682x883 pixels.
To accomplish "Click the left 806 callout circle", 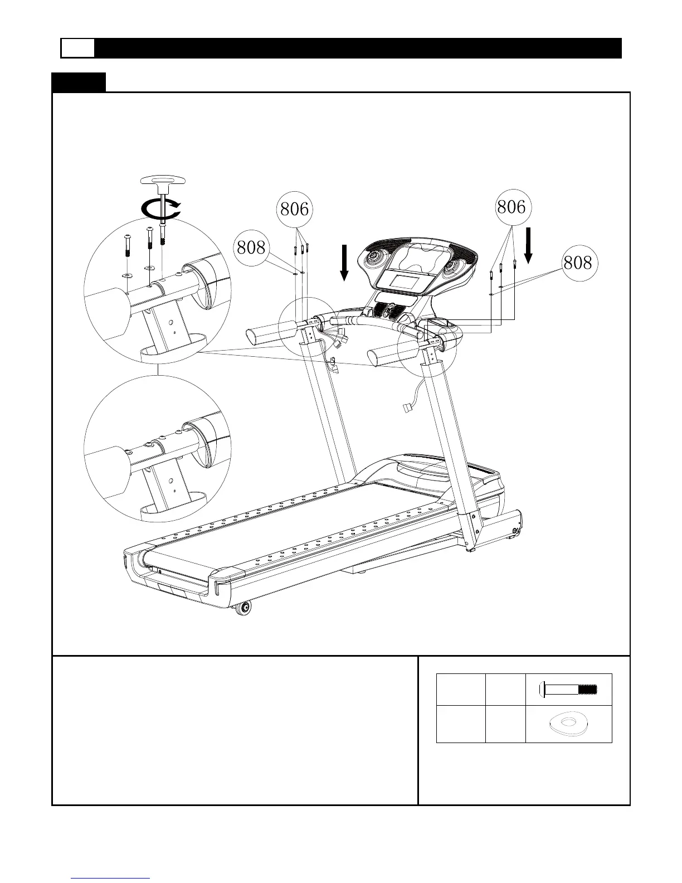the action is (x=294, y=210).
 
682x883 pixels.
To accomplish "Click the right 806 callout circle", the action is (x=511, y=207).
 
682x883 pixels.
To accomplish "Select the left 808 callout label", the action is (x=251, y=247).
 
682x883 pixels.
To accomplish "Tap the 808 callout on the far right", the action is (x=577, y=262).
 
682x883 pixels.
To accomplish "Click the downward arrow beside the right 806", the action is (x=528, y=244).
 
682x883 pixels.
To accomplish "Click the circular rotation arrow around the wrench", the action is (x=161, y=210).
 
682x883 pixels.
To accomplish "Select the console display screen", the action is (x=406, y=281).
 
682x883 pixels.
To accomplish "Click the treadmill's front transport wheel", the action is (x=243, y=608).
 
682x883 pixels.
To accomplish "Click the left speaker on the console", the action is (x=376, y=259).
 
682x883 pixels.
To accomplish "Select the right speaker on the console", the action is (x=455, y=264).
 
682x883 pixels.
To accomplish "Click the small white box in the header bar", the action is (x=77, y=48).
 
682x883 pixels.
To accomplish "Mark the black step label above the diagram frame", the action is (x=79, y=83).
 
